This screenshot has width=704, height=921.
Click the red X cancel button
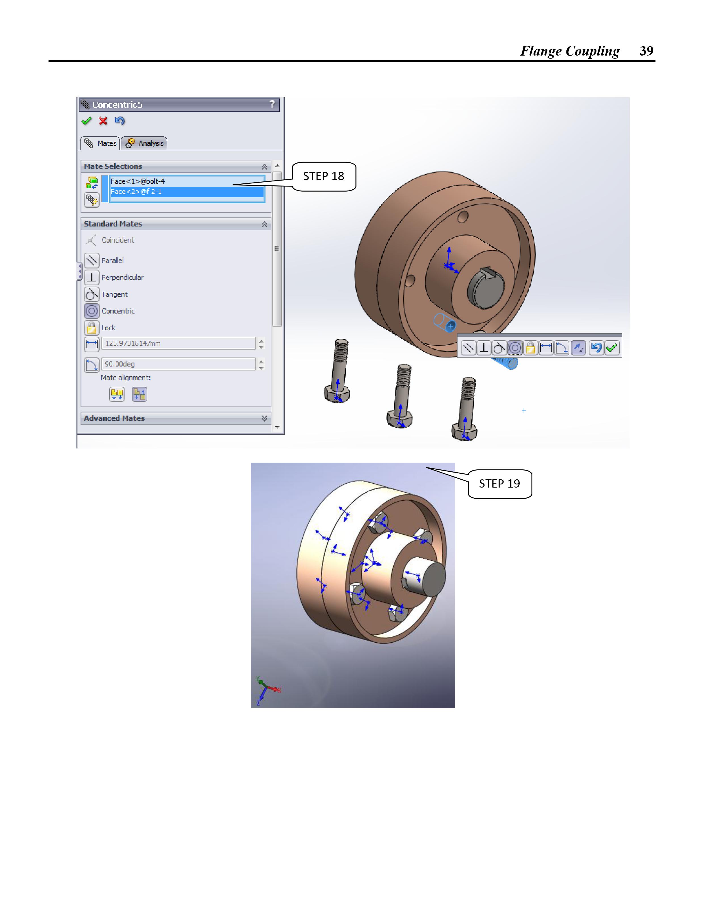pyautogui.click(x=103, y=121)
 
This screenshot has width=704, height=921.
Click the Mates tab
pyautogui.click(x=100, y=143)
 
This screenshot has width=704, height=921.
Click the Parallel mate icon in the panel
pyautogui.click(x=91, y=261)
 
